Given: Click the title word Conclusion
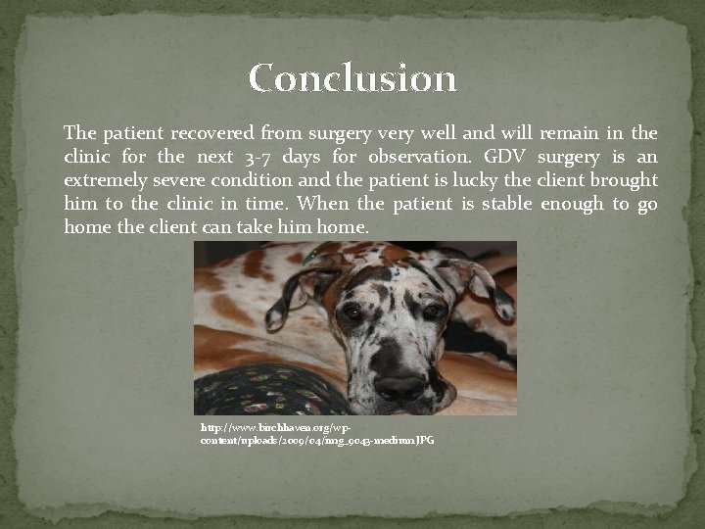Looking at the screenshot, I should [x=352, y=78].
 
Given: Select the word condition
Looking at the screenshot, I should [x=256, y=180].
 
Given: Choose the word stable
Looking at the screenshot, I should [x=499, y=204].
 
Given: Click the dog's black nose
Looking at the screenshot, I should [x=399, y=384].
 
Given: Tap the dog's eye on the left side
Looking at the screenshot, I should [x=352, y=311].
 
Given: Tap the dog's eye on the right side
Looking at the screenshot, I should [x=432, y=312].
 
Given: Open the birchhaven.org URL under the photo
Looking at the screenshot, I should [x=316, y=435].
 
